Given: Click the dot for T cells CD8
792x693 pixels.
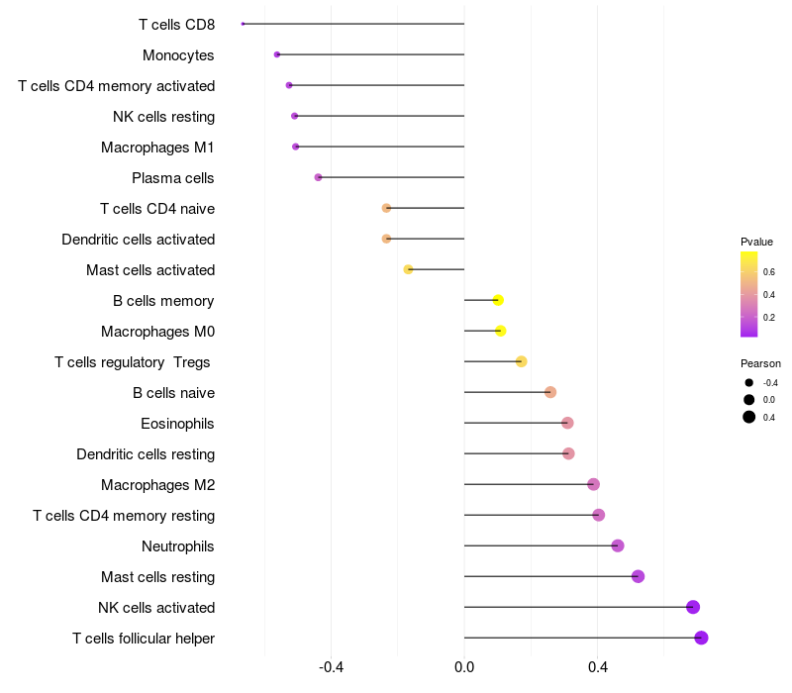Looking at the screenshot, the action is (243, 24).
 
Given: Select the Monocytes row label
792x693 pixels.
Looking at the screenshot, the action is (178, 55).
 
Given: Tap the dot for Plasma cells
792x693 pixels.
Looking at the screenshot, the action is (318, 177).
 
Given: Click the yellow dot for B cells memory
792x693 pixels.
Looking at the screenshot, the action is (498, 300).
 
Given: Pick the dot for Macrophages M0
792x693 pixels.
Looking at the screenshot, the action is (501, 331).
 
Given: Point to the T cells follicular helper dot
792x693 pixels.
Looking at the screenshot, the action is (701, 638).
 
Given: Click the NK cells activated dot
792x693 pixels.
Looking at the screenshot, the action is (693, 607).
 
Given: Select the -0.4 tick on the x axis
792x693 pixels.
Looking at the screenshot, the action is (331, 667).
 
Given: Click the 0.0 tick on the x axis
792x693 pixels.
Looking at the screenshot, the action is (464, 667).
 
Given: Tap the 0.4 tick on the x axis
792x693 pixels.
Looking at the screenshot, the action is (598, 667).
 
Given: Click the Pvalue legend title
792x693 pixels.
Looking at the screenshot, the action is (756, 242).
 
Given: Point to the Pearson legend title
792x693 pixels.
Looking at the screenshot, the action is (760, 363).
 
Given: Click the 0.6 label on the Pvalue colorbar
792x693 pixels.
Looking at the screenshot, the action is (769, 271).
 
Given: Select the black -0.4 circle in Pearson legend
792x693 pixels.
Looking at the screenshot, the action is (749, 383).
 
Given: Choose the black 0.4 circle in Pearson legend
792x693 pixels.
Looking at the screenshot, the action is (749, 417).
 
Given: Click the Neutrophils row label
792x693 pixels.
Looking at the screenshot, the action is (178, 546).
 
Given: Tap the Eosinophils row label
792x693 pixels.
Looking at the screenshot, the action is (177, 424).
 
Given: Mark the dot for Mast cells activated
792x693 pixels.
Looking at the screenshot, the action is (408, 269).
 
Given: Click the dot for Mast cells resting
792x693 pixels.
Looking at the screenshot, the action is (638, 576).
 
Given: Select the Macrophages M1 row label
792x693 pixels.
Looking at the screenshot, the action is (157, 147).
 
